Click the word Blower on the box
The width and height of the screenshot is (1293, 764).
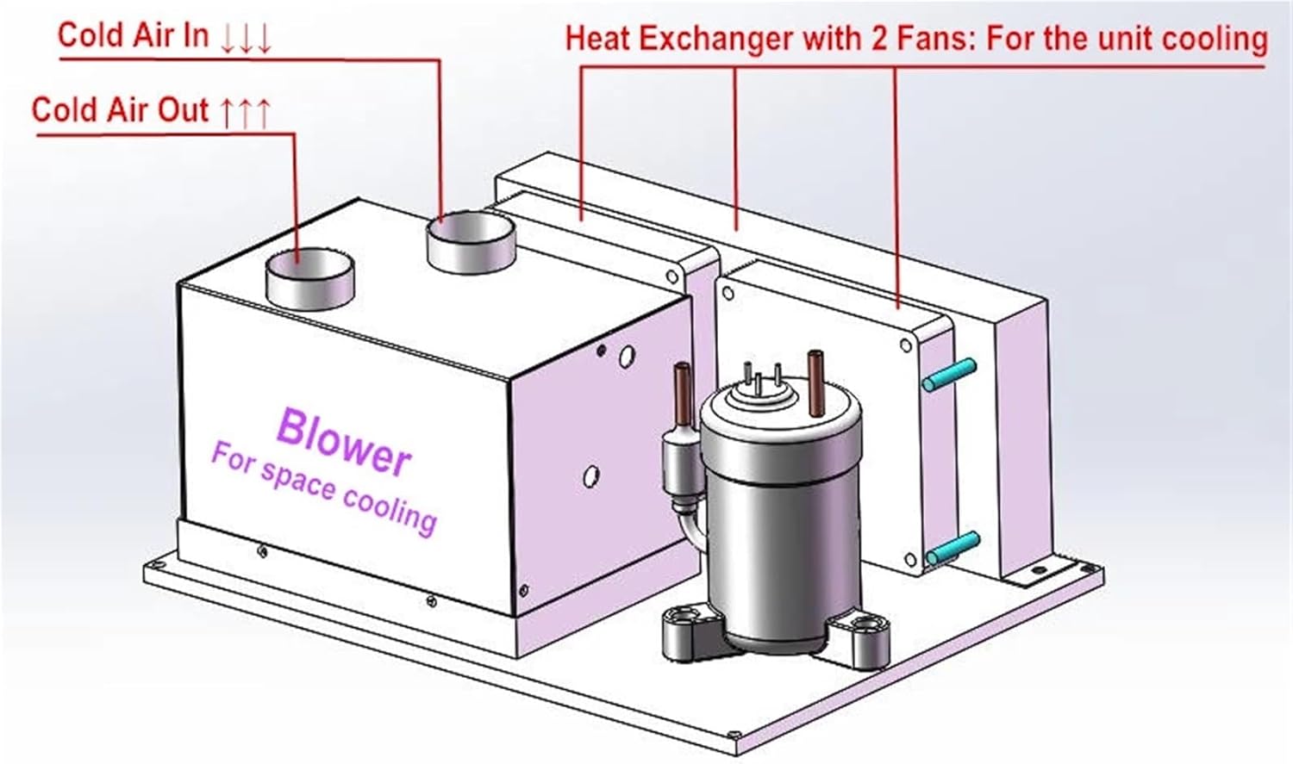(343, 441)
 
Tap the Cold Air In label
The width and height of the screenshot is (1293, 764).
(133, 35)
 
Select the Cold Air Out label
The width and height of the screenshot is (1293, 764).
(120, 110)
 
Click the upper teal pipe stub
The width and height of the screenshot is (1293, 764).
(951, 375)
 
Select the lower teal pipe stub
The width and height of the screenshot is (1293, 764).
(953, 548)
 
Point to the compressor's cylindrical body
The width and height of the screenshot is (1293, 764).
(781, 534)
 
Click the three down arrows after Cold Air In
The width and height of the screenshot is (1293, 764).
(246, 38)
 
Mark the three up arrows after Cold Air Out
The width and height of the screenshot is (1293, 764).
(246, 112)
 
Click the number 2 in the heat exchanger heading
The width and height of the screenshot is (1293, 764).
(878, 39)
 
